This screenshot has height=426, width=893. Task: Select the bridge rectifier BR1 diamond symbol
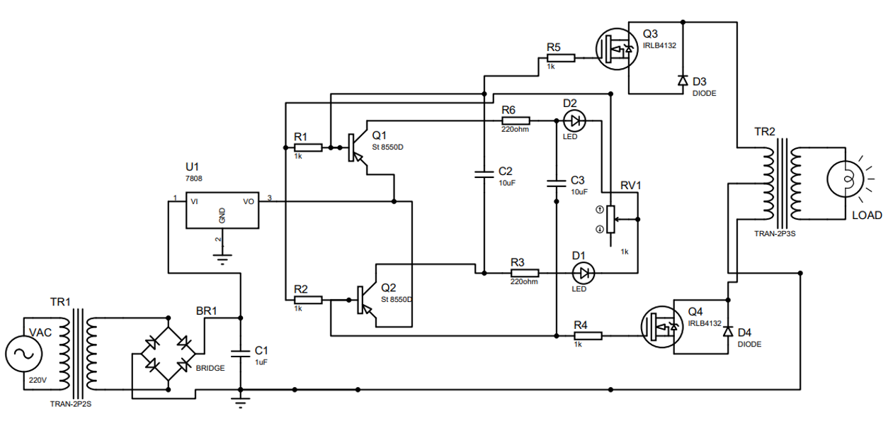(168, 353)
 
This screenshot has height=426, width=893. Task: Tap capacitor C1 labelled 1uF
(241, 352)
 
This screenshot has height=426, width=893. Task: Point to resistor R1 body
(309, 147)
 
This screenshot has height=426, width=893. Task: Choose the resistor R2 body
(309, 301)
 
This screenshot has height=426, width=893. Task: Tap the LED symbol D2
(574, 120)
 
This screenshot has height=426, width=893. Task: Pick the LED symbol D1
(583, 272)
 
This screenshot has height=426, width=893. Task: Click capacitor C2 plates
(484, 174)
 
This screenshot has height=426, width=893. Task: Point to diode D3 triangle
(682, 80)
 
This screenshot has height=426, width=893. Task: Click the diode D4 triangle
(728, 332)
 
